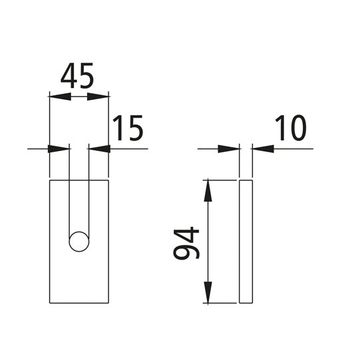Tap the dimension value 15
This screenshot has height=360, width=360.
point(127,128)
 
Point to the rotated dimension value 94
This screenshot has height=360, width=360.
point(186,243)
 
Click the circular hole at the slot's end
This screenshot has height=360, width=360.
point(79,242)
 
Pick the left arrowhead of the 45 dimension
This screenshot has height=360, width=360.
point(59,97)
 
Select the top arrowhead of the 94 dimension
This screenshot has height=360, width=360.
point(208,190)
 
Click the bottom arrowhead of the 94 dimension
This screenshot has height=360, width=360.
point(208,293)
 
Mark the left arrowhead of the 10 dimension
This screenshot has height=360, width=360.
point(230,148)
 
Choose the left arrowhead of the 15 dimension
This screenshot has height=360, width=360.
point(60,148)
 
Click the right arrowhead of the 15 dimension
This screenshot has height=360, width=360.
point(98,148)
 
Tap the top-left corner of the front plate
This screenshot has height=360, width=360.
point(50,180)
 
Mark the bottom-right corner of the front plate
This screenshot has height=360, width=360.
point(108,303)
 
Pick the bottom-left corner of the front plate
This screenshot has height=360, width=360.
point(50,303)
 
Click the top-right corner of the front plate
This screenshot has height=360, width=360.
point(108,180)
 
